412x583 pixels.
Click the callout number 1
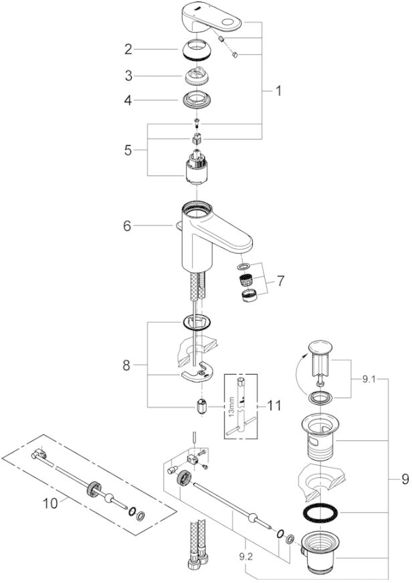pos(279,92)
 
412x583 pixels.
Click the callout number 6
pos(126,226)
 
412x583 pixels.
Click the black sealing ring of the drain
pos(320,513)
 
